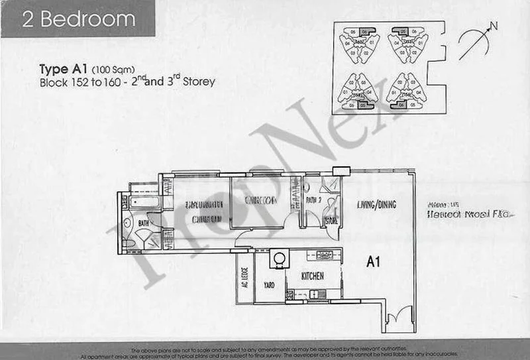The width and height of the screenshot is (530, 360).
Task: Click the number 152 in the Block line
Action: (79, 84)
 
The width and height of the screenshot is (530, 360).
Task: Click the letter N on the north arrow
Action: (494, 27)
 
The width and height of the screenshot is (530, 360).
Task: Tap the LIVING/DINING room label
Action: (375, 205)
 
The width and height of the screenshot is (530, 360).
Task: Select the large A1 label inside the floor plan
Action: (373, 262)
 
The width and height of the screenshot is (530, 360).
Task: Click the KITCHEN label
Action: (312, 274)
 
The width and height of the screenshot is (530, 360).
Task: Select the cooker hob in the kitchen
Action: (325, 255)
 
